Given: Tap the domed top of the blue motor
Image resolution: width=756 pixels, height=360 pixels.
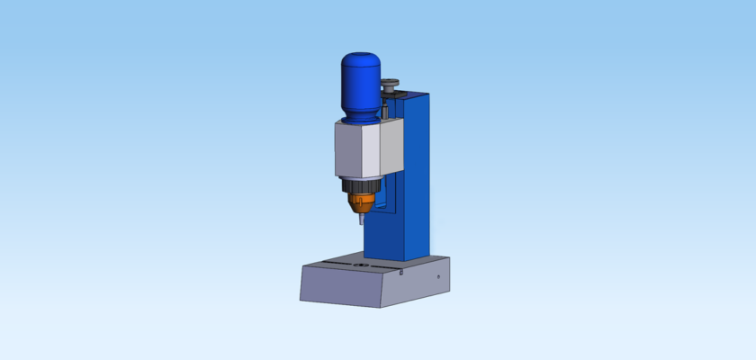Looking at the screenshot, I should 360,59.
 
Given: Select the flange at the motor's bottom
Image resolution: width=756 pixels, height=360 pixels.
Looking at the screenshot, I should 360,118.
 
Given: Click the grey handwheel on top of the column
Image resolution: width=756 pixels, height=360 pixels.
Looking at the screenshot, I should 391,85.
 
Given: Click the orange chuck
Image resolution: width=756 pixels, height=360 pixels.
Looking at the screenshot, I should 361,202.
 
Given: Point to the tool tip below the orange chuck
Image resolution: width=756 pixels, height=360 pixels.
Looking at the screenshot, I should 358,219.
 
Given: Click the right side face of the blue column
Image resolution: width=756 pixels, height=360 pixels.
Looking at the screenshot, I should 418,180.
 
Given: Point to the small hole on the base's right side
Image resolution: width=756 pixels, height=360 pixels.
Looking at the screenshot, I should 438,276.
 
